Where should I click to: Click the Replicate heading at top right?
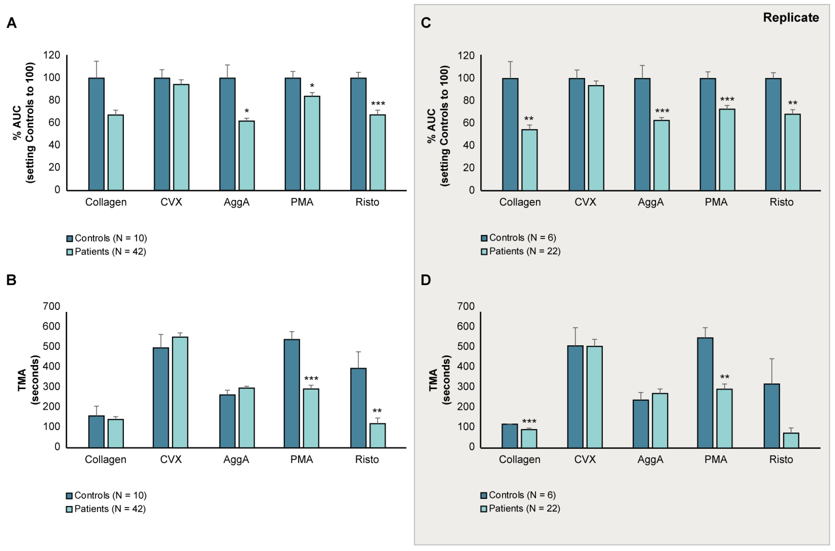coord(791,18)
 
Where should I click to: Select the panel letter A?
coord(12,23)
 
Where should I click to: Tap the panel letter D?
coord(426,280)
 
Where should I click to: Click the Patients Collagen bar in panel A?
coord(116,152)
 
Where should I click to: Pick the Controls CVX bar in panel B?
coord(161,397)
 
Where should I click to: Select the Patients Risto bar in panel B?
coord(378,435)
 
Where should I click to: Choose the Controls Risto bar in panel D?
coord(772,416)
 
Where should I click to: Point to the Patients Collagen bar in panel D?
coord(529,439)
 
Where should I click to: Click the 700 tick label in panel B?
coord(51,306)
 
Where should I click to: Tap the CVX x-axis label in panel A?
coord(171,202)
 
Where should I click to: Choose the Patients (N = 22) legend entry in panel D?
coord(520,508)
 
